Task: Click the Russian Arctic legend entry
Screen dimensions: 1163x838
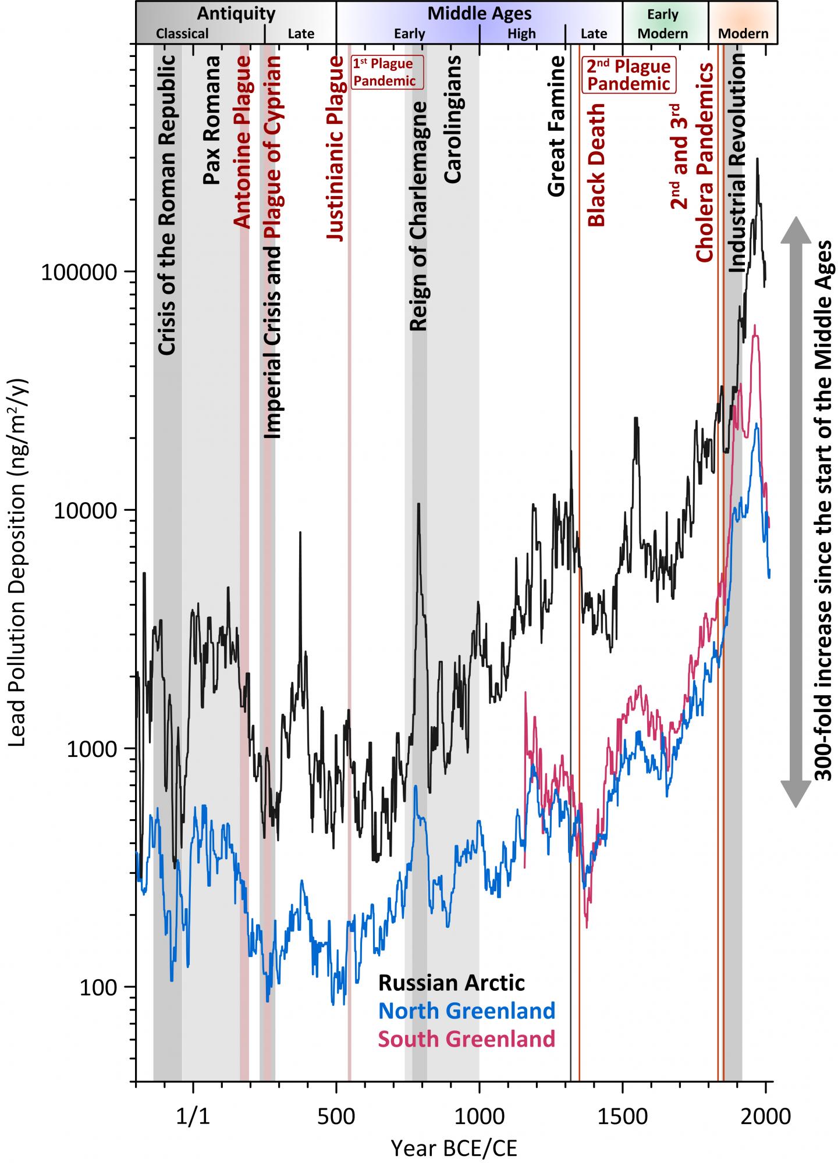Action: [x=452, y=983]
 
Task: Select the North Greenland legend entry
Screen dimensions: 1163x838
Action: [x=467, y=1011]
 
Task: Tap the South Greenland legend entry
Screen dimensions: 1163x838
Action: [x=467, y=1038]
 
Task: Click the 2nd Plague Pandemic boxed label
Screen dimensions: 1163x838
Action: [x=627, y=74]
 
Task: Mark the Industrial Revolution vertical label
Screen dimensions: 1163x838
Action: [x=737, y=163]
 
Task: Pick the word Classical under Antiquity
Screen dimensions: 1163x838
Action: [x=182, y=34]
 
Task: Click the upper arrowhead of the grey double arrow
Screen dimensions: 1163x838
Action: [x=795, y=230]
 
